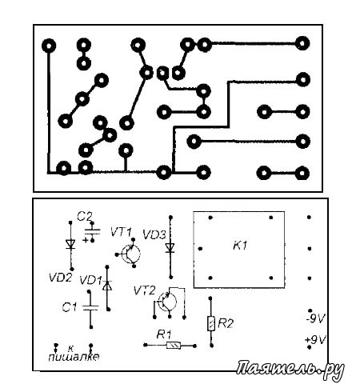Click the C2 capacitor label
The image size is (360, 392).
[85, 217]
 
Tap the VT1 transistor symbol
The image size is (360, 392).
[131, 254]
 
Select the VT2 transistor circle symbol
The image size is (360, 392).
[167, 302]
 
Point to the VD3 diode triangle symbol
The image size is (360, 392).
[170, 248]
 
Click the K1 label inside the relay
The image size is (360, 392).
[240, 246]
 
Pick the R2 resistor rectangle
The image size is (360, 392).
[211, 323]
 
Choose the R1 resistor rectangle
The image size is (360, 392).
[174, 346]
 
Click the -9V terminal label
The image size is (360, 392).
[315, 318]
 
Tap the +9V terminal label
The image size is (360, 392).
[316, 340]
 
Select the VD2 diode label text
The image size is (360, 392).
[61, 278]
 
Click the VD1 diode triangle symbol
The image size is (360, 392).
[107, 286]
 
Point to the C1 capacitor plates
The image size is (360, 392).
[90, 308]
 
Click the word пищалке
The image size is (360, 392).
[74, 357]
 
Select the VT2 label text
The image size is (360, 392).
[144, 290]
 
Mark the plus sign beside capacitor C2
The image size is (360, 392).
[86, 240]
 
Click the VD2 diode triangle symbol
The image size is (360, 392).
[70, 244]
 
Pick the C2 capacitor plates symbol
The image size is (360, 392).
[92, 231]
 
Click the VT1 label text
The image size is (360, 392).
[121, 233]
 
